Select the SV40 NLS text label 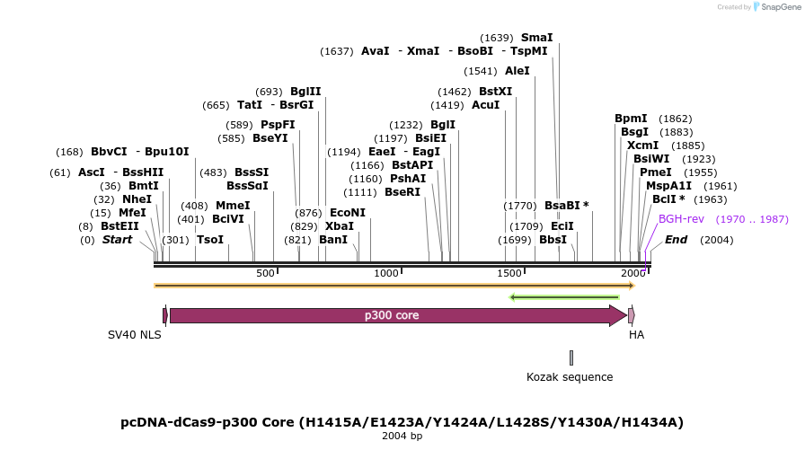(x=135, y=335)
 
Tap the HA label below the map (x=636, y=335)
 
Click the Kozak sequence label (x=570, y=377)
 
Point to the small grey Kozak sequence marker (x=571, y=357)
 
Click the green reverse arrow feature (x=564, y=296)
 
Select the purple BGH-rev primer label (x=681, y=219)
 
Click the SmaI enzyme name (x=536, y=38)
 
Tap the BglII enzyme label (x=305, y=92)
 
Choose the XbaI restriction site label (x=340, y=226)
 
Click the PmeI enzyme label (x=655, y=172)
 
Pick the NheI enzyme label (x=137, y=199)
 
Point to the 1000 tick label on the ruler (x=386, y=273)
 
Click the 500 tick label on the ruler (x=265, y=273)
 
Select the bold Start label (x=117, y=240)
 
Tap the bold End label (x=676, y=240)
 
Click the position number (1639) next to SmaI (x=497, y=38)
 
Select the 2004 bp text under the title (x=402, y=436)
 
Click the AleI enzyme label (x=517, y=71)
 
